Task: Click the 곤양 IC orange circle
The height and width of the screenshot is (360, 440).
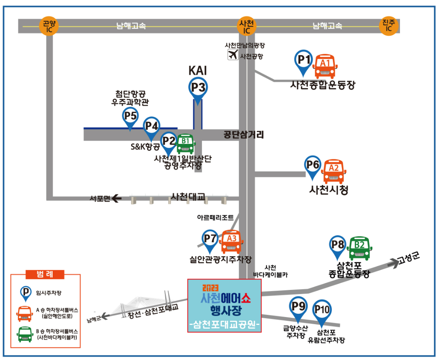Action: (48, 26)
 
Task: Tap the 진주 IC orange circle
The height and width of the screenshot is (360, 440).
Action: (389, 26)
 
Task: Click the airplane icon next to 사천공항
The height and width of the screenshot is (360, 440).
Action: (233, 55)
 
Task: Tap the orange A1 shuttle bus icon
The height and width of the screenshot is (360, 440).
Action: (325, 66)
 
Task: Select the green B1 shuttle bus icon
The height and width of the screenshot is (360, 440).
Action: (185, 144)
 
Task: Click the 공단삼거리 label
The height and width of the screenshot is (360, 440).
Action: (244, 135)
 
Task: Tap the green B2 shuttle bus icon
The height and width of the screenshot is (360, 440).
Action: (359, 247)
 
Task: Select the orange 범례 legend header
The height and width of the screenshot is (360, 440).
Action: (46, 274)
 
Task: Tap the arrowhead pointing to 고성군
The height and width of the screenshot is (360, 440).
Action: (393, 262)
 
